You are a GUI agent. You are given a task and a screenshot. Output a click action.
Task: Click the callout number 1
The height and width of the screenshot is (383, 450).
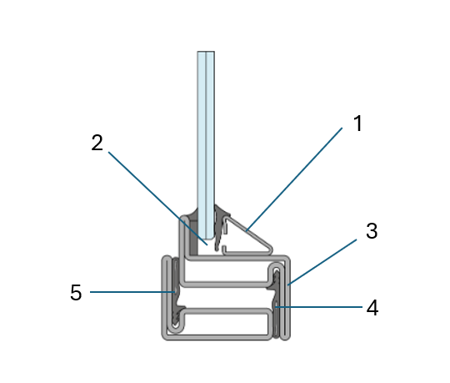(357, 123)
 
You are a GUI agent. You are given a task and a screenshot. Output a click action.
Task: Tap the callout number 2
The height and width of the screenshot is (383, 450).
(97, 143)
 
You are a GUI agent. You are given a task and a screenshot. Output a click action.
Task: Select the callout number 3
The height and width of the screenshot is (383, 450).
(372, 231)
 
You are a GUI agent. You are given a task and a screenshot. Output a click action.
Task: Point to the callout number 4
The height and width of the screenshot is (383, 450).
(372, 308)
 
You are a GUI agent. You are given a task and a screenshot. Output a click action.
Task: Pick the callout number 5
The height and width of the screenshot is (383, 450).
(76, 293)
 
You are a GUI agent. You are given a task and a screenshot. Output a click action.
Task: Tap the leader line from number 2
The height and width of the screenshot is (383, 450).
(157, 199)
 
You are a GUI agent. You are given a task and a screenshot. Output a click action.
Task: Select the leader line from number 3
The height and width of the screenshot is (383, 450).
(322, 262)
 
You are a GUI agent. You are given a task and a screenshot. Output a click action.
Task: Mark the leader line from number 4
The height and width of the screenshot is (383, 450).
(318, 307)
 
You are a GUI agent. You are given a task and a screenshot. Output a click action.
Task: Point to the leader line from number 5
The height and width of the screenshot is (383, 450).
(132, 292)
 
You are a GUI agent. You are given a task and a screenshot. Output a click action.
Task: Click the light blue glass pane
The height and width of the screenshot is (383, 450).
(206, 144)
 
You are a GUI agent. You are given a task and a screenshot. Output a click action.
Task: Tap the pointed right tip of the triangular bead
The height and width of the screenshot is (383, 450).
(271, 249)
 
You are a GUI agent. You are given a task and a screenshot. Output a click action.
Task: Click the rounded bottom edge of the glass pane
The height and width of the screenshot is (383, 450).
(206, 238)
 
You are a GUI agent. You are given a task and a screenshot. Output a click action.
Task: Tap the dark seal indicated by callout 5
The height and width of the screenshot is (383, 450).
(175, 293)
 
